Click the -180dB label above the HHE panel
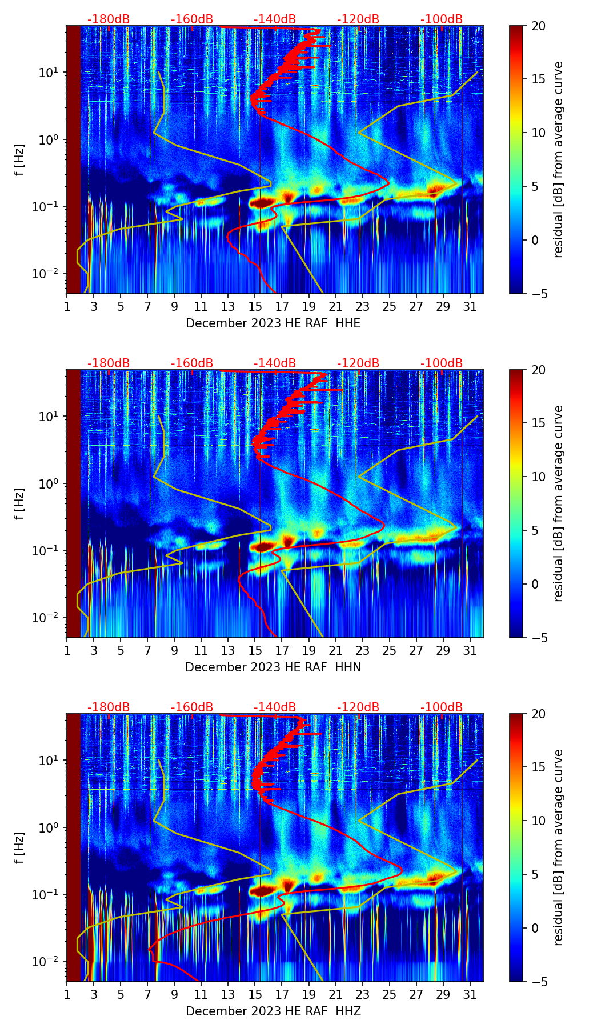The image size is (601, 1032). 109,19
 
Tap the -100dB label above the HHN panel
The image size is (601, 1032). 442,363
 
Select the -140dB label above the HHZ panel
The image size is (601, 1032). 275,707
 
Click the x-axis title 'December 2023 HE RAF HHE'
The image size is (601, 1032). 273,323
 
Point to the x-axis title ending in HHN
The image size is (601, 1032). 273,667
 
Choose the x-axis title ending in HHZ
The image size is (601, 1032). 273,1011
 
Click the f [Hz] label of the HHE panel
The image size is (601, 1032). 19,160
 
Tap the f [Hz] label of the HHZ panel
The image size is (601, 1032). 19,848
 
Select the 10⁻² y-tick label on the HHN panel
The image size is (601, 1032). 50,618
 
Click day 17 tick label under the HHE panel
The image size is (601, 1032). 282,307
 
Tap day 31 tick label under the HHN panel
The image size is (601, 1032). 470,651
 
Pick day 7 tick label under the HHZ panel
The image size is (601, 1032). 147,995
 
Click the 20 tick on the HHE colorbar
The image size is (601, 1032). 539,26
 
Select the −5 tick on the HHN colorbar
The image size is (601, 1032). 539,638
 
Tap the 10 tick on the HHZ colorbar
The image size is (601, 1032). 539,821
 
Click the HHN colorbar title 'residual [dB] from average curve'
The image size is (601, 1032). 559,503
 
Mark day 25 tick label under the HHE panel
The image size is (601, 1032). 389,307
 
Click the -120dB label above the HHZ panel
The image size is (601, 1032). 358,707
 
